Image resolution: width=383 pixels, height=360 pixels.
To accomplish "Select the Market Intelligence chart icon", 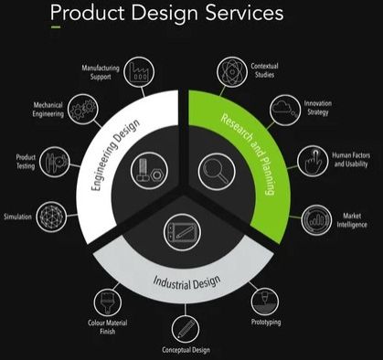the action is [317, 220].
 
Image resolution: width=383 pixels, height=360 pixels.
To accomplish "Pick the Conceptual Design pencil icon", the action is [186, 325].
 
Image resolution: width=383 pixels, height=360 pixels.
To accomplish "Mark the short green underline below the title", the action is [56, 28].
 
